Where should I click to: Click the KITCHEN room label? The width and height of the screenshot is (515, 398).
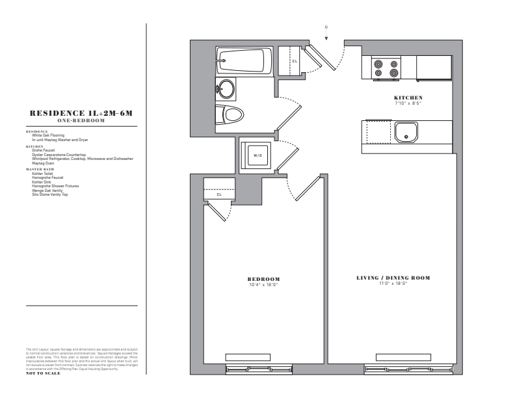(x=408, y=98)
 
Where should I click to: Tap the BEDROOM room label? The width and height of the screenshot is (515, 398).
(x=263, y=279)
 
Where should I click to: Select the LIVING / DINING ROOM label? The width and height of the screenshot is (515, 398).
(x=393, y=278)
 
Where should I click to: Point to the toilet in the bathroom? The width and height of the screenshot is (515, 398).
(x=230, y=116)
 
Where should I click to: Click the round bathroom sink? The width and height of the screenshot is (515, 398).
(x=226, y=87)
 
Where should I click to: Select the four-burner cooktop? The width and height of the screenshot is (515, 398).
(x=386, y=68)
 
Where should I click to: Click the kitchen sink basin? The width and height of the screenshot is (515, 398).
(x=407, y=133)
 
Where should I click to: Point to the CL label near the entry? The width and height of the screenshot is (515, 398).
(x=295, y=62)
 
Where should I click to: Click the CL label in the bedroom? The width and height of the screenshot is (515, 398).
(x=219, y=194)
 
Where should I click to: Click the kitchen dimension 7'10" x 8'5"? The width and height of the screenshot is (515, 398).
(x=408, y=103)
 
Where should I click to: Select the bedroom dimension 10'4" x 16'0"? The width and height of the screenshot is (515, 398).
(x=263, y=285)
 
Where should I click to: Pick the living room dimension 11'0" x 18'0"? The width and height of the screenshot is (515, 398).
(x=393, y=284)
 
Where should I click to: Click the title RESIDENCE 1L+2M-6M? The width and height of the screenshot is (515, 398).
(x=82, y=113)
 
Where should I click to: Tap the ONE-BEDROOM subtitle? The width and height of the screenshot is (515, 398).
(x=82, y=120)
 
